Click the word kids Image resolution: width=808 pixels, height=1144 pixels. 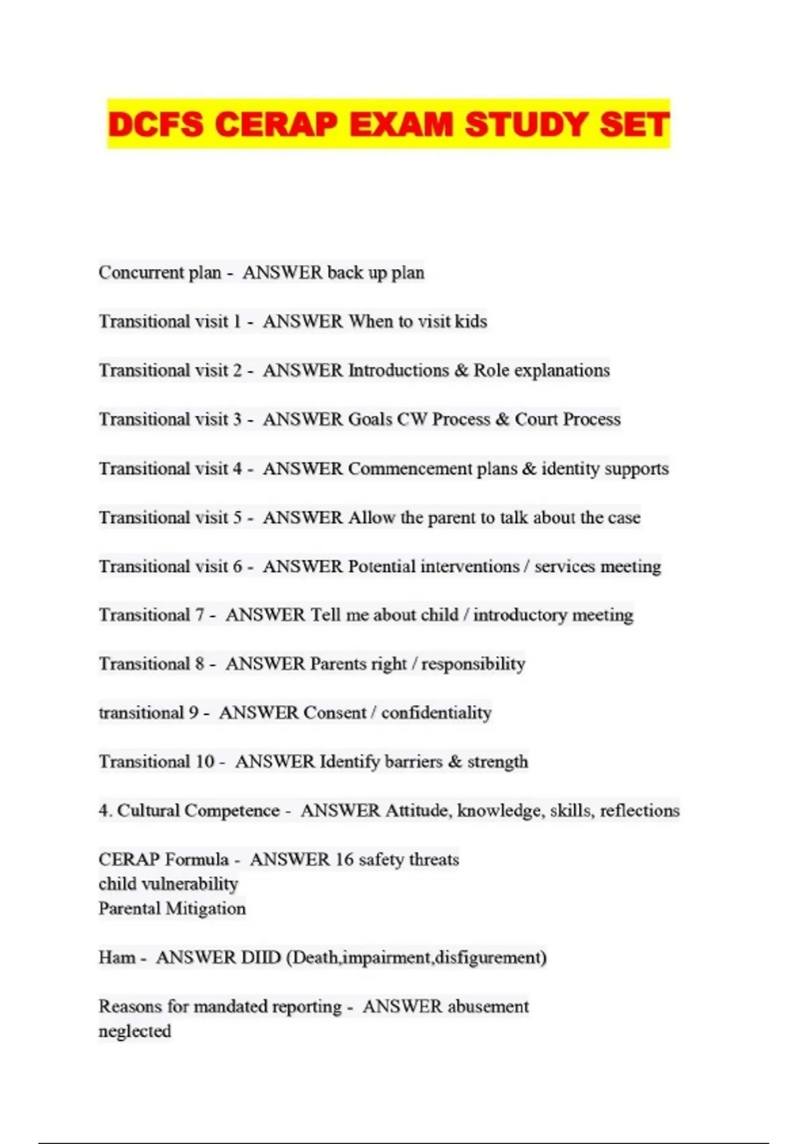click(470, 321)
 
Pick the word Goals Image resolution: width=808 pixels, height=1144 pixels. click(370, 419)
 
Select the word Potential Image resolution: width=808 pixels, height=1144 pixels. click(381, 567)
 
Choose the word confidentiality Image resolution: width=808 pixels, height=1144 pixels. click(436, 713)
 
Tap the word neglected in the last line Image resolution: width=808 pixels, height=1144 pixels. click(135, 1031)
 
